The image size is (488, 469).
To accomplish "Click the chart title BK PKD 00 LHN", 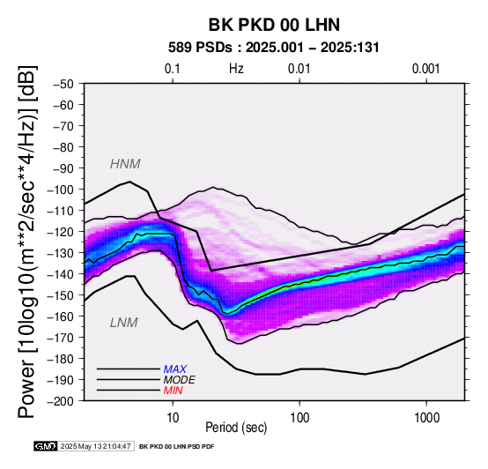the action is click(274, 25).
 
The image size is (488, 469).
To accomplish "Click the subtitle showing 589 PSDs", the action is click(274, 48).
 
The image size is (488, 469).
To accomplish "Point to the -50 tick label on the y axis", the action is click(63, 84).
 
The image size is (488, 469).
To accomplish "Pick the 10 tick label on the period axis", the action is click(173, 418).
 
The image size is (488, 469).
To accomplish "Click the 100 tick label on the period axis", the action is click(299, 418).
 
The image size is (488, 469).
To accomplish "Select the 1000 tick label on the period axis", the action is click(426, 418).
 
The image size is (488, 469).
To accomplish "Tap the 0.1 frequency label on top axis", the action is click(173, 69).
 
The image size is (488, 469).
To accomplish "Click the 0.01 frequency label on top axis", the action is click(299, 69).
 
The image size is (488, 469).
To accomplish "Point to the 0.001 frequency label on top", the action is click(425, 69).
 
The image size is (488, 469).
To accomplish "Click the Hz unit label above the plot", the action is click(236, 69).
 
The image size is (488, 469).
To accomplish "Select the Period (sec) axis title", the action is click(236, 428).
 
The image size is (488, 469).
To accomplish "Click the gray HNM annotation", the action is click(125, 164).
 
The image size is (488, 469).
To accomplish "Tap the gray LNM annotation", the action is click(124, 323).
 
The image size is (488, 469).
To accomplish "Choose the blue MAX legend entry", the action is click(174, 369).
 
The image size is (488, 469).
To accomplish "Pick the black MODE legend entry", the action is click(180, 380).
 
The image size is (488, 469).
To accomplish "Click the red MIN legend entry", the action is click(173, 391).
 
